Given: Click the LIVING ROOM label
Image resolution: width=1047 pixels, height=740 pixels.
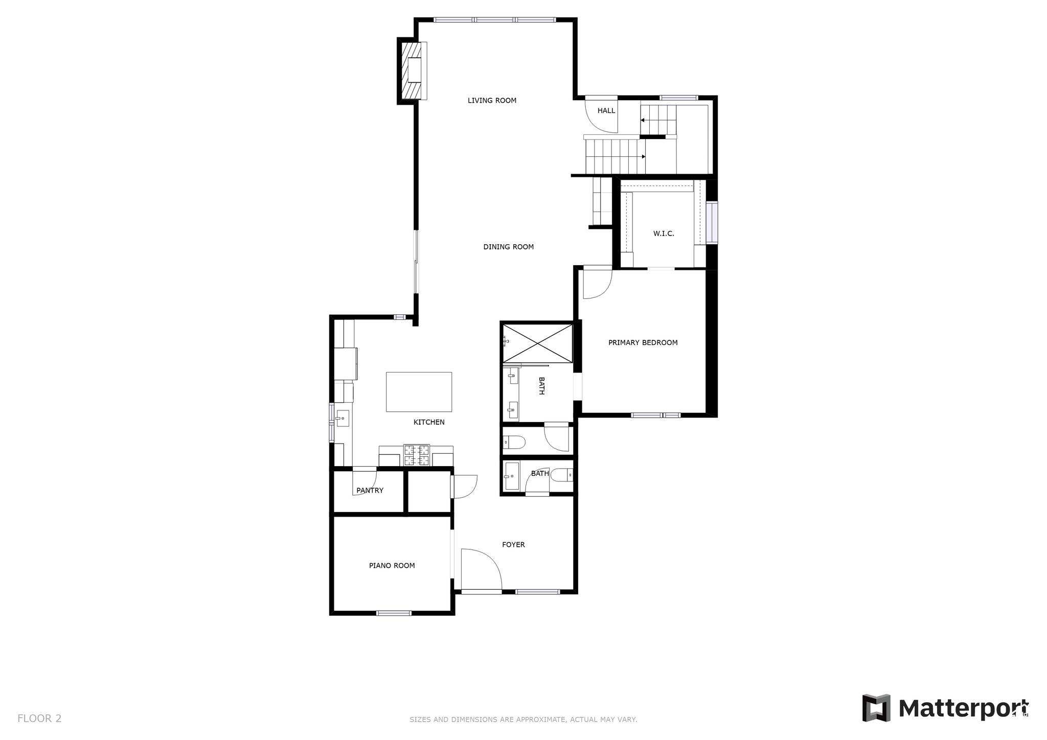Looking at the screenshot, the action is [492, 101].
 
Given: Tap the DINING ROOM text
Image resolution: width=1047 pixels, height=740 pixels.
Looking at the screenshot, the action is [508, 247].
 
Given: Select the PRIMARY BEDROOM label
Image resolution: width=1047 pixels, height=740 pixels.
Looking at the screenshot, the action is [643, 342].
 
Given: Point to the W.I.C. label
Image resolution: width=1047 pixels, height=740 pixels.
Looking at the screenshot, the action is [664, 234].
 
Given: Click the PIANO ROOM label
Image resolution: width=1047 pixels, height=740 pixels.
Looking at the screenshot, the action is [392, 565].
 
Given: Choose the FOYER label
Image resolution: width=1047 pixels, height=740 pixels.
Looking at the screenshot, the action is [513, 545].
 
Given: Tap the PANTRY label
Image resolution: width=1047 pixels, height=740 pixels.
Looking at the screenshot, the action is [370, 490].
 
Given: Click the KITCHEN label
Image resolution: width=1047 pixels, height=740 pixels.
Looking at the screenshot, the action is [429, 422].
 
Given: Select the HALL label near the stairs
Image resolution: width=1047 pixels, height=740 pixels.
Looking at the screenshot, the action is [606, 110].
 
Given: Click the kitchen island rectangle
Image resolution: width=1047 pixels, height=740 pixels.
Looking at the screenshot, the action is [419, 392].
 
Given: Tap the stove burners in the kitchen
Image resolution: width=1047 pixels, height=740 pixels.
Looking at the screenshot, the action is [417, 455].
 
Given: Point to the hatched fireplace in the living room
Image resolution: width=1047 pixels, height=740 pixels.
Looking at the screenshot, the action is [411, 71].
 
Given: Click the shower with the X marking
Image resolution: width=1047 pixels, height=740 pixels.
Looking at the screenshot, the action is [537, 343].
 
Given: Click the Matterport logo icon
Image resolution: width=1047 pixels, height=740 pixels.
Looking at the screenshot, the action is [876, 708].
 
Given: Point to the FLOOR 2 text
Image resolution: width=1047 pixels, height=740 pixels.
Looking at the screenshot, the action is [39, 719].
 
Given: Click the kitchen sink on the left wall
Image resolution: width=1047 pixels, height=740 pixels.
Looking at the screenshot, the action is [343, 419].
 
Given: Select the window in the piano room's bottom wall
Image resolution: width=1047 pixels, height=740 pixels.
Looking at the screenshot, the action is [394, 613].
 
